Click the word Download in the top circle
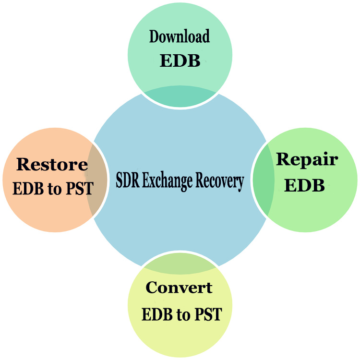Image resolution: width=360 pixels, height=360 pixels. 180,37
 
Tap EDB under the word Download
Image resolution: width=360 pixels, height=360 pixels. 180,61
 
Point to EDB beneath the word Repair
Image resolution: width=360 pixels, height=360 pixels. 304,185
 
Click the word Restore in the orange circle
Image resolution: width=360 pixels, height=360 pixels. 52,165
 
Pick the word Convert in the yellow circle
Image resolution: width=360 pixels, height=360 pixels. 179,288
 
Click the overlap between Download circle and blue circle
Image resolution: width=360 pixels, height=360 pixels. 180,97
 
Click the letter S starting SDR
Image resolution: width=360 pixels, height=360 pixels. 120,181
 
